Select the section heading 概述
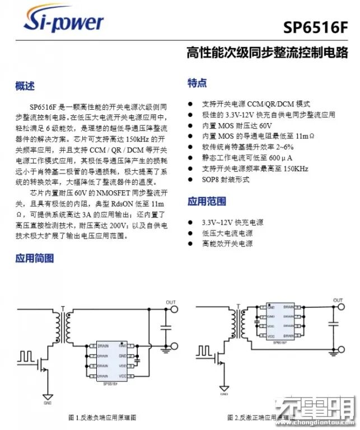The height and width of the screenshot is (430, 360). pos(25,86)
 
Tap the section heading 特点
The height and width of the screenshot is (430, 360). pos(197,83)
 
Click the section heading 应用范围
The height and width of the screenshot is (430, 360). pos(207,201)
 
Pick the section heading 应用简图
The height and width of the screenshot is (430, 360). pos(35,258)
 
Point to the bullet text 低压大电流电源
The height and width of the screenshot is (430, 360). pos(227,233)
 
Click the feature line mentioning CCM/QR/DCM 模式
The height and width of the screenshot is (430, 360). pos(256,104)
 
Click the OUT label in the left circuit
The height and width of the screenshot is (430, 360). pos(171,302)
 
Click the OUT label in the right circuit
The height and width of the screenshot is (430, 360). pos(338,301)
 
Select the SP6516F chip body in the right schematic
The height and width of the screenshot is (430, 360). pos(280,321)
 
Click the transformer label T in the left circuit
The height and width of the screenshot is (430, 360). pos(63,308)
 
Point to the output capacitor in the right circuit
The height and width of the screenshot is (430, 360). pos(334,324)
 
